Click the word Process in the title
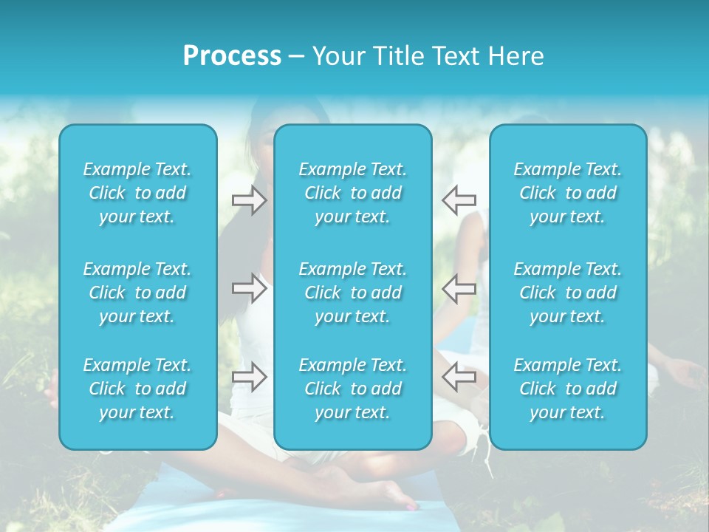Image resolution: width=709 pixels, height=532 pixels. [x=232, y=56]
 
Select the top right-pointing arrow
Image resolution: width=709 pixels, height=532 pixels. [x=250, y=199]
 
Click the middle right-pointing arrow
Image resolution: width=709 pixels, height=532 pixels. [x=250, y=288]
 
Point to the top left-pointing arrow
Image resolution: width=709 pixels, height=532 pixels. [x=459, y=199]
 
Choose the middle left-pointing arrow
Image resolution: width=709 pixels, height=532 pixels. [x=459, y=288]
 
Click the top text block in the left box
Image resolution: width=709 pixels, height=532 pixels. [x=137, y=193]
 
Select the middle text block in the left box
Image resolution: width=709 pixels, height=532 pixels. [x=137, y=293]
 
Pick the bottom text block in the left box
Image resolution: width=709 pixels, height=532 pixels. [x=137, y=389]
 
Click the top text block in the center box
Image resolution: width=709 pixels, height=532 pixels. [x=352, y=193]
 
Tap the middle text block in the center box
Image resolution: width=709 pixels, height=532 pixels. [x=352, y=293]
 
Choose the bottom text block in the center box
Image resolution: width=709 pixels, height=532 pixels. [x=352, y=389]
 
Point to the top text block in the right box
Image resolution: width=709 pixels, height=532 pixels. [x=567, y=193]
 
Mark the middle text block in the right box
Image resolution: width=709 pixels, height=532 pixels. [x=567, y=293]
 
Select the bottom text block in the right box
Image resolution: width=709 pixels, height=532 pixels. [x=567, y=389]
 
